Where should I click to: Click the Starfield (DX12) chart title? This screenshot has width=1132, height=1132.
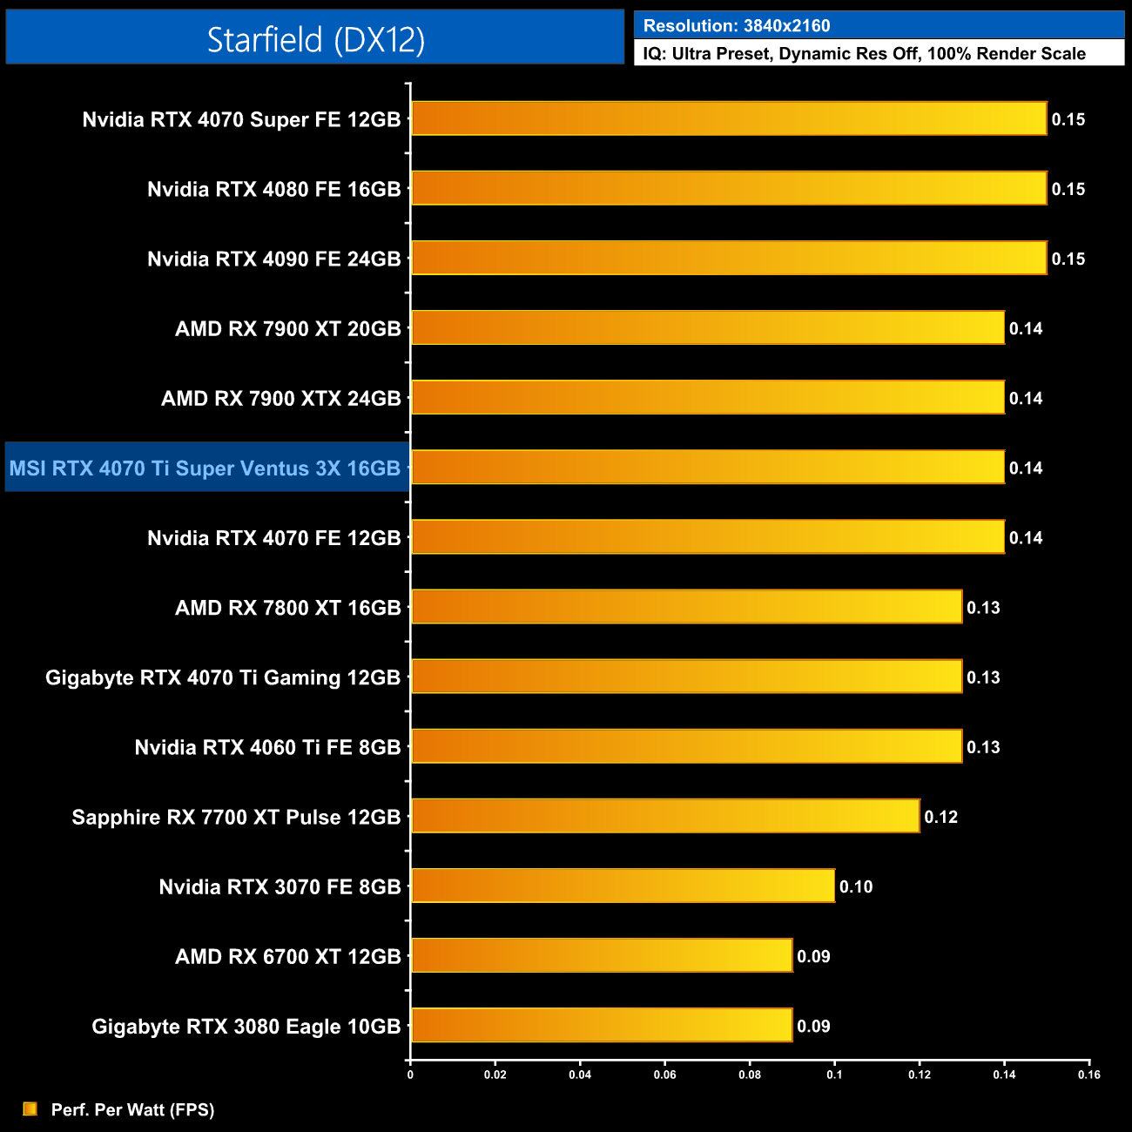click(x=315, y=39)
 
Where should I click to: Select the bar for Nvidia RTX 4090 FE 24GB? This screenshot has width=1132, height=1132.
click(x=729, y=258)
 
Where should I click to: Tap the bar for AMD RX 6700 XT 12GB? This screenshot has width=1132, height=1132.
click(x=602, y=955)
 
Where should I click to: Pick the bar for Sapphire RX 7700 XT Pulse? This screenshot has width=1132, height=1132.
click(x=665, y=816)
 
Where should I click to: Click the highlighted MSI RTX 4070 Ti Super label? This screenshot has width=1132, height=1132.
click(x=206, y=468)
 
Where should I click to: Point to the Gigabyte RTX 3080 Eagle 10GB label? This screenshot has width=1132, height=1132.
click(x=246, y=1027)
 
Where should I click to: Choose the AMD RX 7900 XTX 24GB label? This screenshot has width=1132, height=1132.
click(x=281, y=399)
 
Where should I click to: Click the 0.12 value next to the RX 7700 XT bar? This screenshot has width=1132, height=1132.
click(x=940, y=817)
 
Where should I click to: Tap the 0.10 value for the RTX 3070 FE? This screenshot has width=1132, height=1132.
click(x=856, y=886)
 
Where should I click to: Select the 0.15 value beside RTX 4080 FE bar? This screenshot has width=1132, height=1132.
click(x=1068, y=189)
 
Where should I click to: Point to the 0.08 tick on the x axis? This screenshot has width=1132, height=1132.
click(x=750, y=1075)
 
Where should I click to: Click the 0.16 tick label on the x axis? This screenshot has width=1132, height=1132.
click(x=1089, y=1075)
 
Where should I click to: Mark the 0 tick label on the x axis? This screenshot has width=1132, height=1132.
click(x=410, y=1075)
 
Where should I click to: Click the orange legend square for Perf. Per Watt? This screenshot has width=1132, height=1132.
click(x=30, y=1108)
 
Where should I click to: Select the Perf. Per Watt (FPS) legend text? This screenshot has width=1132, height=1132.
click(x=132, y=1109)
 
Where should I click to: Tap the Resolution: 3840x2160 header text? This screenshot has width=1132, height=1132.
click(x=737, y=26)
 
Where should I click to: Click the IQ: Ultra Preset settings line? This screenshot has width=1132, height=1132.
click(x=864, y=54)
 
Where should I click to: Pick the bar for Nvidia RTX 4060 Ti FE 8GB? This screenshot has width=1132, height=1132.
click(x=686, y=746)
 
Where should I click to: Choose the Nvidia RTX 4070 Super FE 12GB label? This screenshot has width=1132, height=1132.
click(x=242, y=119)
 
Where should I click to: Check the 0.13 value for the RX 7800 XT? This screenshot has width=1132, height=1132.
click(x=983, y=608)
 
